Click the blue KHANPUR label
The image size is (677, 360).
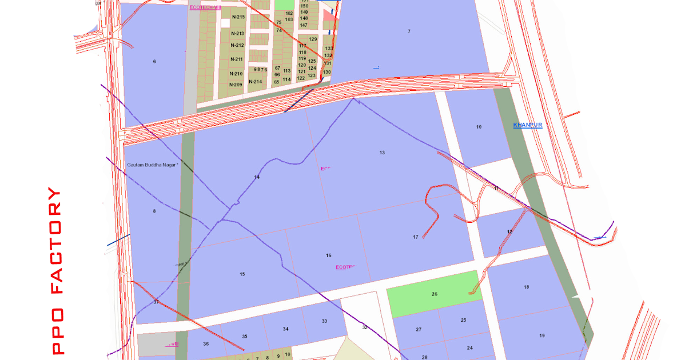tap(527, 125)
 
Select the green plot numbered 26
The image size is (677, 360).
tap(435, 294)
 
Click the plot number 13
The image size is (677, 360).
tap(382, 153)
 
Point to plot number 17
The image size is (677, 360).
tap(416, 237)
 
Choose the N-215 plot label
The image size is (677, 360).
tap(238, 17)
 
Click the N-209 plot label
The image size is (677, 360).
tap(236, 85)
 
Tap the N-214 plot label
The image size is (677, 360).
tap(255, 81)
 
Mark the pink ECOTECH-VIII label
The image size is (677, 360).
tap(205, 7)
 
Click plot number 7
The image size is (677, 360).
tap(409, 31)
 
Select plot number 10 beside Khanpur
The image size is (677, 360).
tap(479, 127)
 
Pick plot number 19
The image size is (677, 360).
tap(542, 335)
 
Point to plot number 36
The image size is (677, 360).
tap(206, 343)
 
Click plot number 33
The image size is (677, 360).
tap(324, 321)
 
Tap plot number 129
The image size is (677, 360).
tap(313, 39)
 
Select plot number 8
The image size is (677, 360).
tap(154, 211)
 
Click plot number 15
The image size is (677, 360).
tap(242, 274)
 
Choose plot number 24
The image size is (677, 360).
tap(470, 347)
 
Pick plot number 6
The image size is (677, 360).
tap(154, 61)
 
